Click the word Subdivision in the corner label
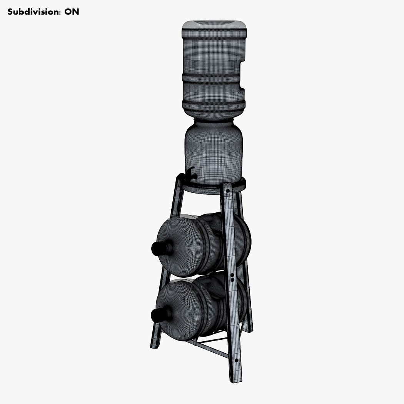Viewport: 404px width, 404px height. (x=34, y=12)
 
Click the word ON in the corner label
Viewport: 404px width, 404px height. (x=72, y=12)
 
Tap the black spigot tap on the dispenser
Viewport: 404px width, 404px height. (x=191, y=174)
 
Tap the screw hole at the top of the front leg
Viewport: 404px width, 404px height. (x=228, y=191)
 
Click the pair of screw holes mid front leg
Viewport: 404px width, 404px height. (x=232, y=277)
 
